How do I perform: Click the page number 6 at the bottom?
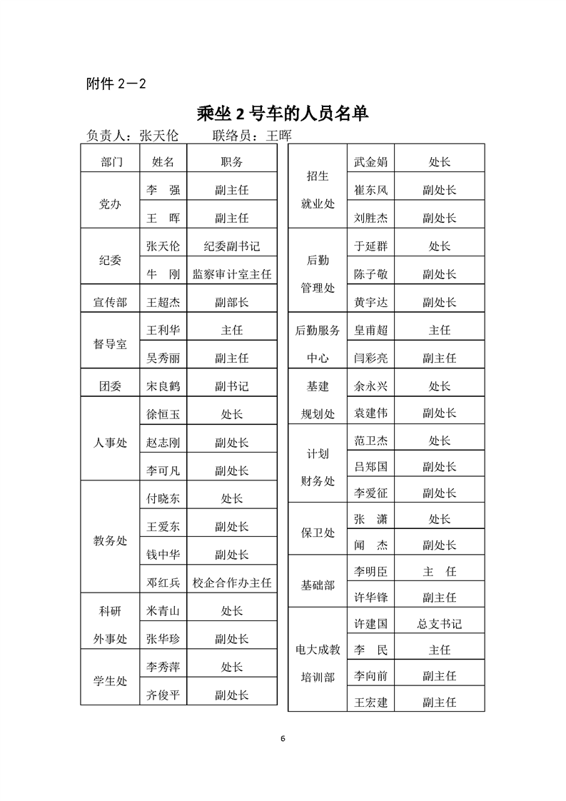[283, 738]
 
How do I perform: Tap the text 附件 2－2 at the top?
[116, 84]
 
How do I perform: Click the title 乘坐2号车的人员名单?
[283, 113]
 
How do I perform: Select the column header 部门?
[111, 162]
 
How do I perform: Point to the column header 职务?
[232, 162]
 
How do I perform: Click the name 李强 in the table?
[163, 191]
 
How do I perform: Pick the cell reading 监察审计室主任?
[232, 274]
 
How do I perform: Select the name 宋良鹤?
[163, 386]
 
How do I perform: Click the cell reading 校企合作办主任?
[232, 583]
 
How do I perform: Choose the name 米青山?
[163, 610]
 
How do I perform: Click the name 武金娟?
[370, 162]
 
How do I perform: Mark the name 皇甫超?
[370, 331]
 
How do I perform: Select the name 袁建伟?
[370, 413]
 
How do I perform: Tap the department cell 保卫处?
[318, 533]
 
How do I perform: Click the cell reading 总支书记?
[440, 624]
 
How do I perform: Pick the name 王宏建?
[370, 702]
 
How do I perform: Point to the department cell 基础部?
[318, 585]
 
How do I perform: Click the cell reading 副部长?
[232, 303]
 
